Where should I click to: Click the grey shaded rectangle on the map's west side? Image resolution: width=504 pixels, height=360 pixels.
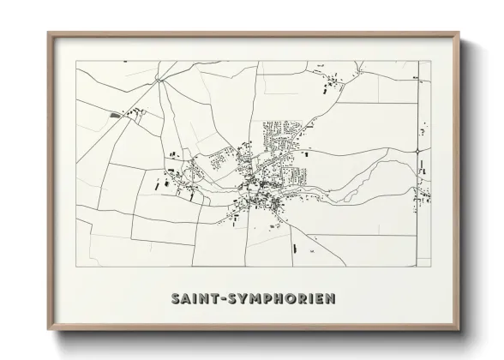(114, 113)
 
